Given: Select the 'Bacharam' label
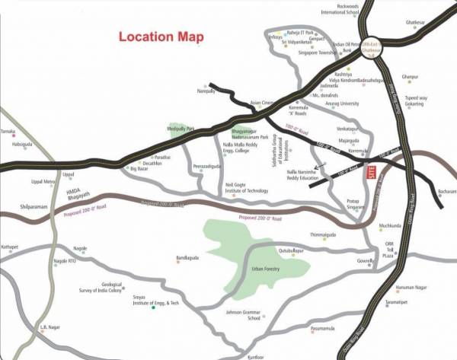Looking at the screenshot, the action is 446,192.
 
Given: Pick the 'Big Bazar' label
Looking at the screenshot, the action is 139,167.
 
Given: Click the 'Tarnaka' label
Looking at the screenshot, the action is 8,131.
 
